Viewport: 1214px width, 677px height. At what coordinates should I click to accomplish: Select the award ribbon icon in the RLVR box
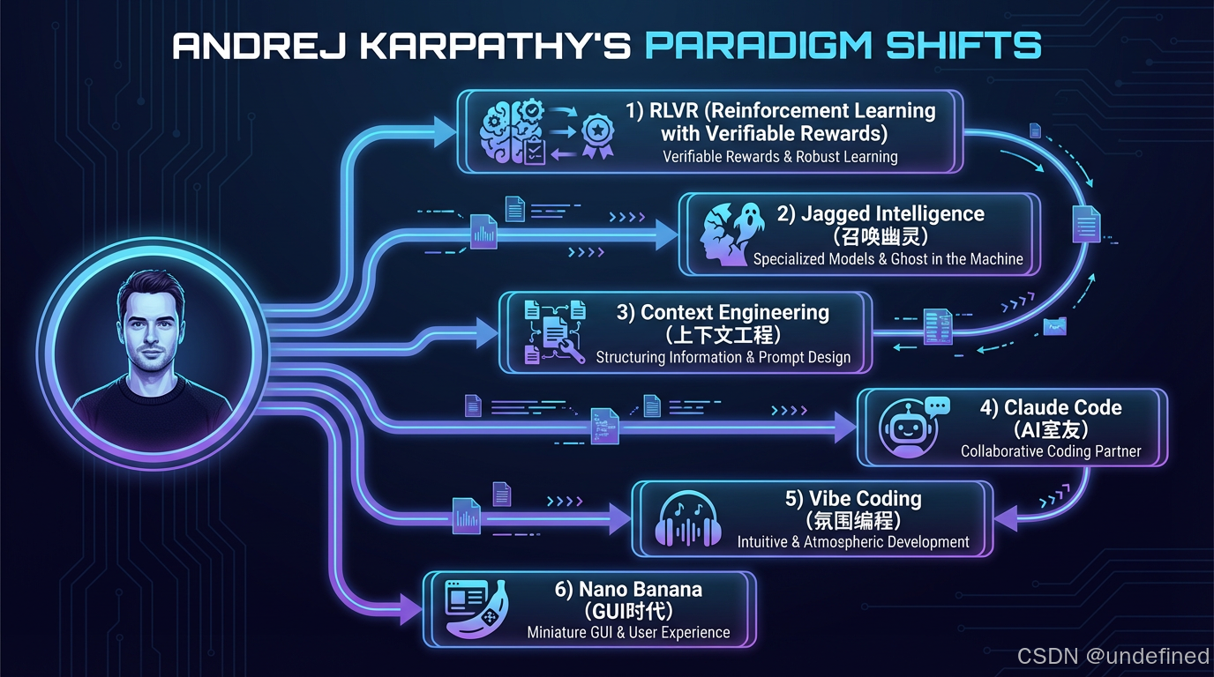point(597,138)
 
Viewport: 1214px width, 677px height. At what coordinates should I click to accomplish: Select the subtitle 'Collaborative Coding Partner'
point(1051,451)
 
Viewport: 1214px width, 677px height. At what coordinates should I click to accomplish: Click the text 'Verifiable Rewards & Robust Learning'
point(780,157)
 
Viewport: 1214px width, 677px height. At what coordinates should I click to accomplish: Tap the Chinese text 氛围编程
point(853,520)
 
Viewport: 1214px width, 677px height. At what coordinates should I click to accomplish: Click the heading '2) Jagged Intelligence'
point(880,214)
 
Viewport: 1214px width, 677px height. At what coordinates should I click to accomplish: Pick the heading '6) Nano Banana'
point(628,589)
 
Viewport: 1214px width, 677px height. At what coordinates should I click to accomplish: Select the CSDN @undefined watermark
point(1113,656)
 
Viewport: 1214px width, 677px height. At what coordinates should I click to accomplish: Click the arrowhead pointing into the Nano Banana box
point(410,608)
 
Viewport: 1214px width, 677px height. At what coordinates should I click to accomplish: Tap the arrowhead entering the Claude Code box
point(845,428)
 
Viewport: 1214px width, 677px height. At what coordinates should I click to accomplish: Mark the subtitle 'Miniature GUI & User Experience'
point(628,632)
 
